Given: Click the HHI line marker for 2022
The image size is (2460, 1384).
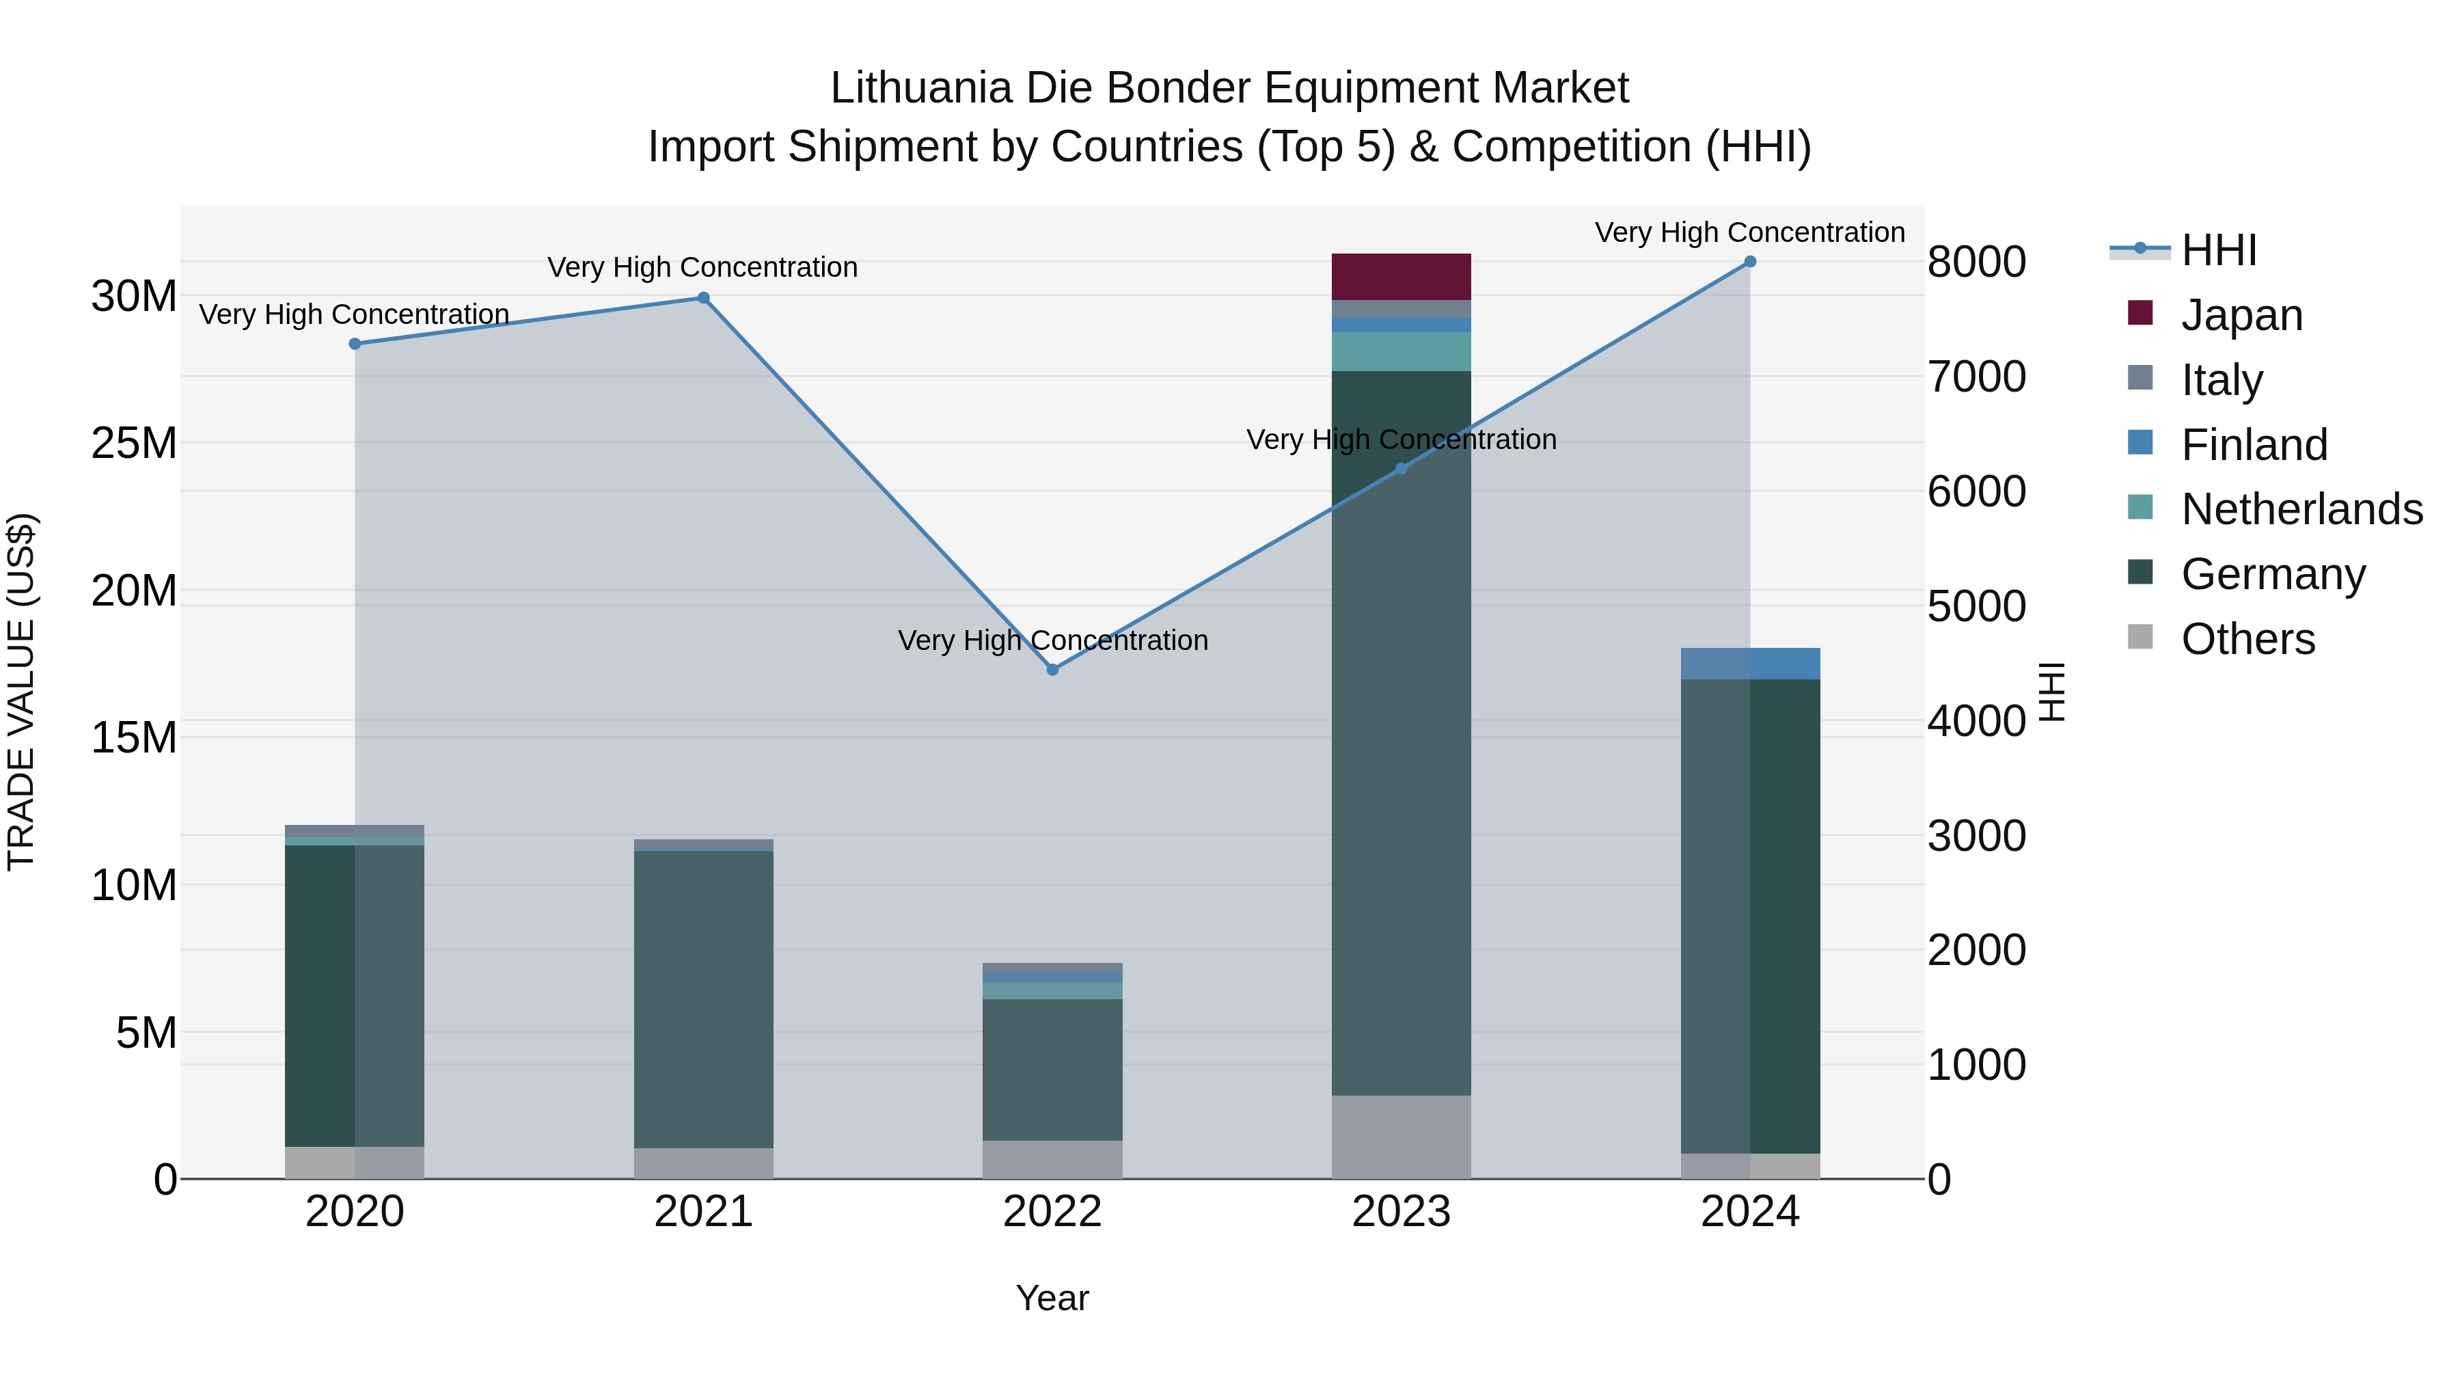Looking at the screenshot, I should tap(1052, 670).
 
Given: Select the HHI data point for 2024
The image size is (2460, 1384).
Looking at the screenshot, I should tap(1749, 262).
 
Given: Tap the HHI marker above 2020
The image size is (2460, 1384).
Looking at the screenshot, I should tap(354, 344).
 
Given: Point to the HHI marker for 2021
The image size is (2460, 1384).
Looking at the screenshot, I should tap(703, 298).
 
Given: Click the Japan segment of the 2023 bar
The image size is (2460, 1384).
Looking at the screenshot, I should tap(1401, 277).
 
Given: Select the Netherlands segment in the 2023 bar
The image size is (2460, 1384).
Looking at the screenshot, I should tap(1401, 351).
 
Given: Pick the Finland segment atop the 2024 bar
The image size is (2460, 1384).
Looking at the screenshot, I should tap(1749, 664).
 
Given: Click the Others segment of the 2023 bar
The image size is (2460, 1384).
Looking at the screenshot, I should tap(1401, 1137).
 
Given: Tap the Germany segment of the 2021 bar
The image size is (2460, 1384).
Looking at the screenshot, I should tap(703, 998).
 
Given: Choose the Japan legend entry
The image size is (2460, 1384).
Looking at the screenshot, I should tap(2241, 315).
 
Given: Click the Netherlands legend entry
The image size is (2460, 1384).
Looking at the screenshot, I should tap(2301, 509).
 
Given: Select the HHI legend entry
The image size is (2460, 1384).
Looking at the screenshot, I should tap(2218, 250).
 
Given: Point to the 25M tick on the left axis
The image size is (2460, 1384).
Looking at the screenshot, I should tap(134, 443).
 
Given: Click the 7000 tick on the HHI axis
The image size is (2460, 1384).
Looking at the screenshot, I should tap(1976, 377).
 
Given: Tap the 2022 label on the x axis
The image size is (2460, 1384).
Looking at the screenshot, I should tap(1052, 1212).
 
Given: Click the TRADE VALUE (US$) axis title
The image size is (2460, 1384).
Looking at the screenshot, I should tap(21, 692).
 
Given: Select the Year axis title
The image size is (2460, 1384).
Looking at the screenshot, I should tap(1052, 1298).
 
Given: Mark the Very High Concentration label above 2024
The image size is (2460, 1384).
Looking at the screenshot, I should tap(1749, 233).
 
